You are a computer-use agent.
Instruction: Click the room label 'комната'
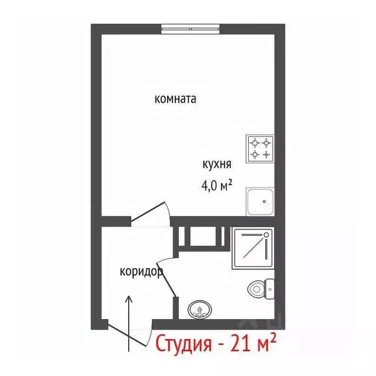tap(175, 99)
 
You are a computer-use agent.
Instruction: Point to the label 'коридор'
tap(141, 272)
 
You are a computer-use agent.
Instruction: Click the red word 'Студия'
tap(184, 344)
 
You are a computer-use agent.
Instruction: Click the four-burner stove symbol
tap(260, 149)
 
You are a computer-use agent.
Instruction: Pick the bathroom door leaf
tap(168, 279)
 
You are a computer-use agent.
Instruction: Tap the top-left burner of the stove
tap(254, 143)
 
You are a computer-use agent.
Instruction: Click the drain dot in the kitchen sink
tap(265, 200)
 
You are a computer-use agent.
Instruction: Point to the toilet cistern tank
tap(270, 288)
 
